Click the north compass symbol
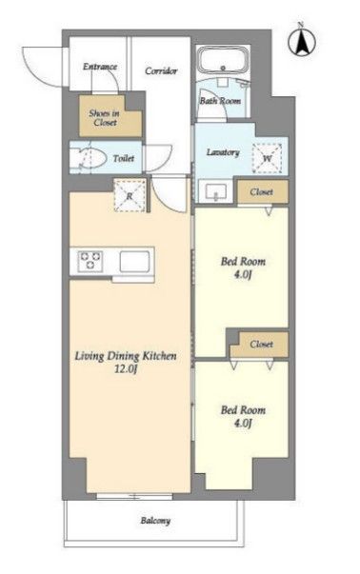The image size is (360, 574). click(x=302, y=41)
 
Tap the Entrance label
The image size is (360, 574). click(x=100, y=67)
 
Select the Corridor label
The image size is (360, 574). click(x=161, y=70)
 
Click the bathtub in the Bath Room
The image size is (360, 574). click(x=223, y=60)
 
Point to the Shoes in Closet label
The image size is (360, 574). click(x=105, y=118)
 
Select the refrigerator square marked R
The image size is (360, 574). click(x=130, y=195)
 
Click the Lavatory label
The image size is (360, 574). click(x=223, y=152)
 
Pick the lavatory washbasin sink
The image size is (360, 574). click(x=216, y=191)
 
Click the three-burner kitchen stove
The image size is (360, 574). click(x=90, y=261)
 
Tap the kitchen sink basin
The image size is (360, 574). click(x=134, y=262)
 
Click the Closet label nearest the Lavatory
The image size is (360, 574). click(x=261, y=192)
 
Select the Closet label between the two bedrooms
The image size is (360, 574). click(x=261, y=344)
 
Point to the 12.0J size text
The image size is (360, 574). click(x=126, y=369)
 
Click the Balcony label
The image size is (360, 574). click(x=155, y=521)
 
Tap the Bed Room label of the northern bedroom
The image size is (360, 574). click(x=243, y=262)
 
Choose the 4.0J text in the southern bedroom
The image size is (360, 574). click(x=243, y=424)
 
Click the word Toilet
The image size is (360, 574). click(x=124, y=159)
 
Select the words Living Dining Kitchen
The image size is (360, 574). click(x=126, y=356)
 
